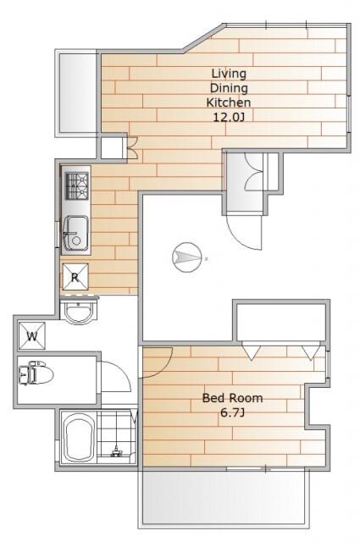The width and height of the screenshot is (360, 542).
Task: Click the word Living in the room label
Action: click(x=229, y=74)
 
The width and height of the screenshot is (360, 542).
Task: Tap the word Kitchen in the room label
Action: click(x=228, y=102)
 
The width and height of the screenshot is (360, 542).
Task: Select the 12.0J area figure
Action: click(x=229, y=118)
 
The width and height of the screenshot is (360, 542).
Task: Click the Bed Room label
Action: click(x=232, y=398)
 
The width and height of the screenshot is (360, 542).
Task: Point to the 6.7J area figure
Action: click(x=232, y=412)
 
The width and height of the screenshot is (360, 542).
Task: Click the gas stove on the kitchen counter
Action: click(x=77, y=185)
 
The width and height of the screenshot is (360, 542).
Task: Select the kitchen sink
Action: click(x=75, y=233)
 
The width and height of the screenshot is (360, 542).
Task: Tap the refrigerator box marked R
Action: click(x=75, y=277)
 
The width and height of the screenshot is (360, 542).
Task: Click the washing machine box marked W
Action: click(x=32, y=335)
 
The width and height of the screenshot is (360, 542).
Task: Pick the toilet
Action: click(x=36, y=373)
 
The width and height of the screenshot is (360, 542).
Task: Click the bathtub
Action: click(x=79, y=438)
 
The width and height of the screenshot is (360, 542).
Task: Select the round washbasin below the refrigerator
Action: click(x=79, y=312)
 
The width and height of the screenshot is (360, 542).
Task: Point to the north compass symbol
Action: click(x=186, y=257)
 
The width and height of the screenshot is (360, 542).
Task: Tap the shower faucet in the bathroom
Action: click(x=115, y=451)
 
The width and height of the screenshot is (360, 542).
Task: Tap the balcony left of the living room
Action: click(x=77, y=92)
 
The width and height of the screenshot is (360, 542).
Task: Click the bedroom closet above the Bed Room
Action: click(x=281, y=322)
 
